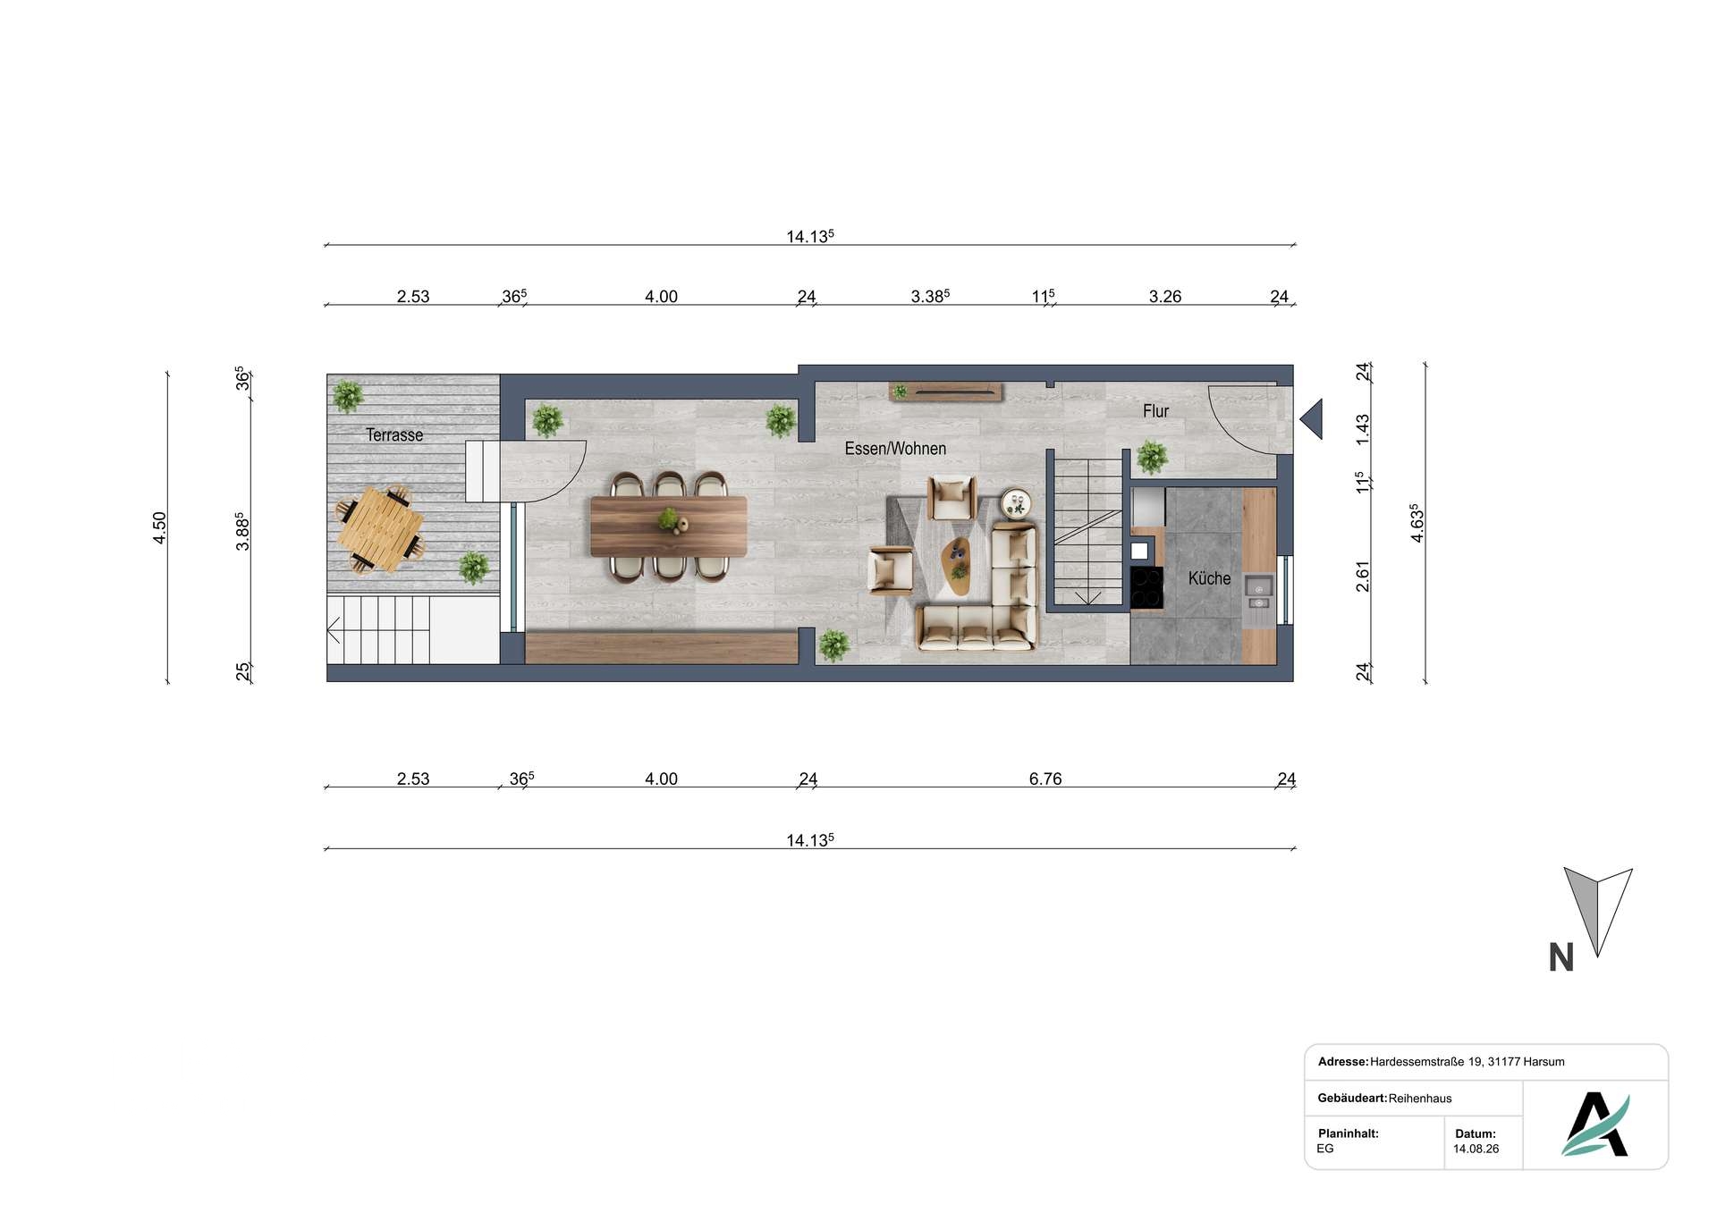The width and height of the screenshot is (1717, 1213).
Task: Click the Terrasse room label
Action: tap(394, 435)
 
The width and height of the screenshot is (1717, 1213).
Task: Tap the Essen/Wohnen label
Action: tap(895, 449)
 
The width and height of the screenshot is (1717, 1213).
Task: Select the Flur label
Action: tap(1155, 411)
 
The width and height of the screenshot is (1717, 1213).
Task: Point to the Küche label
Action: tap(1209, 578)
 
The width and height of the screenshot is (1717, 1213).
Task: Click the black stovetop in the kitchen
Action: tap(1146, 588)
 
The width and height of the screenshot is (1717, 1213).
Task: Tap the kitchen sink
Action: tap(1258, 590)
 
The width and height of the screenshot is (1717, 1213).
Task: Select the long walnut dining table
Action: tap(669, 526)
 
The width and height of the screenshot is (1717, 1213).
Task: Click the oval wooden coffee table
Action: tap(956, 566)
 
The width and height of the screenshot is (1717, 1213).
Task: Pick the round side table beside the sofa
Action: tap(1016, 504)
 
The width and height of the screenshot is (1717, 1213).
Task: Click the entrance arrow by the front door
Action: tap(1311, 418)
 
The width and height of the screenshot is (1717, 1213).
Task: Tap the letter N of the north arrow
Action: tap(1561, 958)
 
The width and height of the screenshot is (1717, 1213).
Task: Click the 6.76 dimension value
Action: tap(1045, 779)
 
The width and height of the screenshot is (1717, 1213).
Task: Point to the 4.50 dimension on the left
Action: tap(159, 527)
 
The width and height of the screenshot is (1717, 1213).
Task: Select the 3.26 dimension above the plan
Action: tap(1165, 297)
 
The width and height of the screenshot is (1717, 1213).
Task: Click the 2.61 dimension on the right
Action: tap(1363, 577)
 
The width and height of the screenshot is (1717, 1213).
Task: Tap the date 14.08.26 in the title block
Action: tap(1476, 1149)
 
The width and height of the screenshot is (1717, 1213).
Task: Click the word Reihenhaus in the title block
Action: tap(1420, 1099)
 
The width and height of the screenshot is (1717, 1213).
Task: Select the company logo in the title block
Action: tap(1595, 1124)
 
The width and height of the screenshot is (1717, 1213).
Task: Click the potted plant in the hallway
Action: tap(1151, 457)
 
